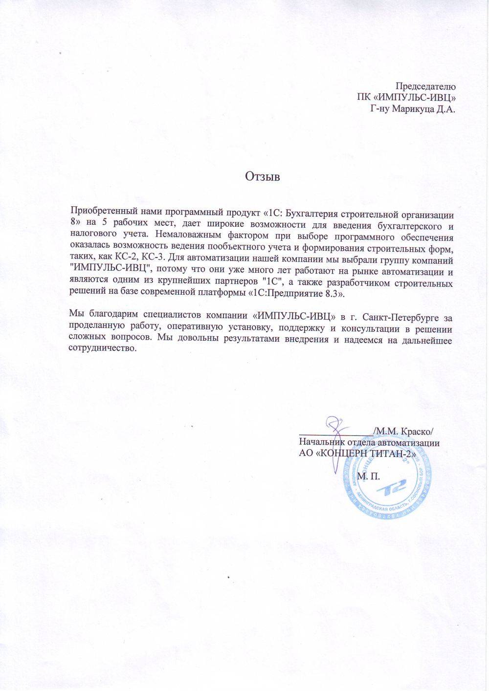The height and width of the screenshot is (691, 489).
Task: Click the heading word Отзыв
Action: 262,176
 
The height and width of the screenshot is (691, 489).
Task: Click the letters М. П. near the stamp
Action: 369,476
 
